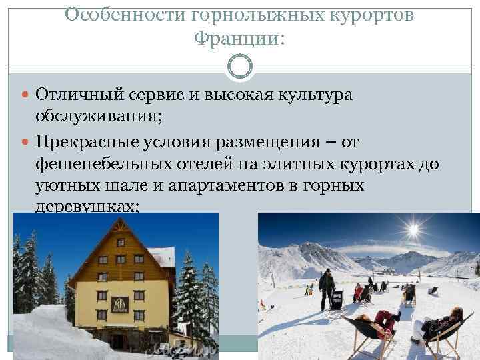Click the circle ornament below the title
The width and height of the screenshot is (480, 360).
click(x=240, y=67)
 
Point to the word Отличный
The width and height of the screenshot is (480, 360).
click(x=73, y=95)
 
